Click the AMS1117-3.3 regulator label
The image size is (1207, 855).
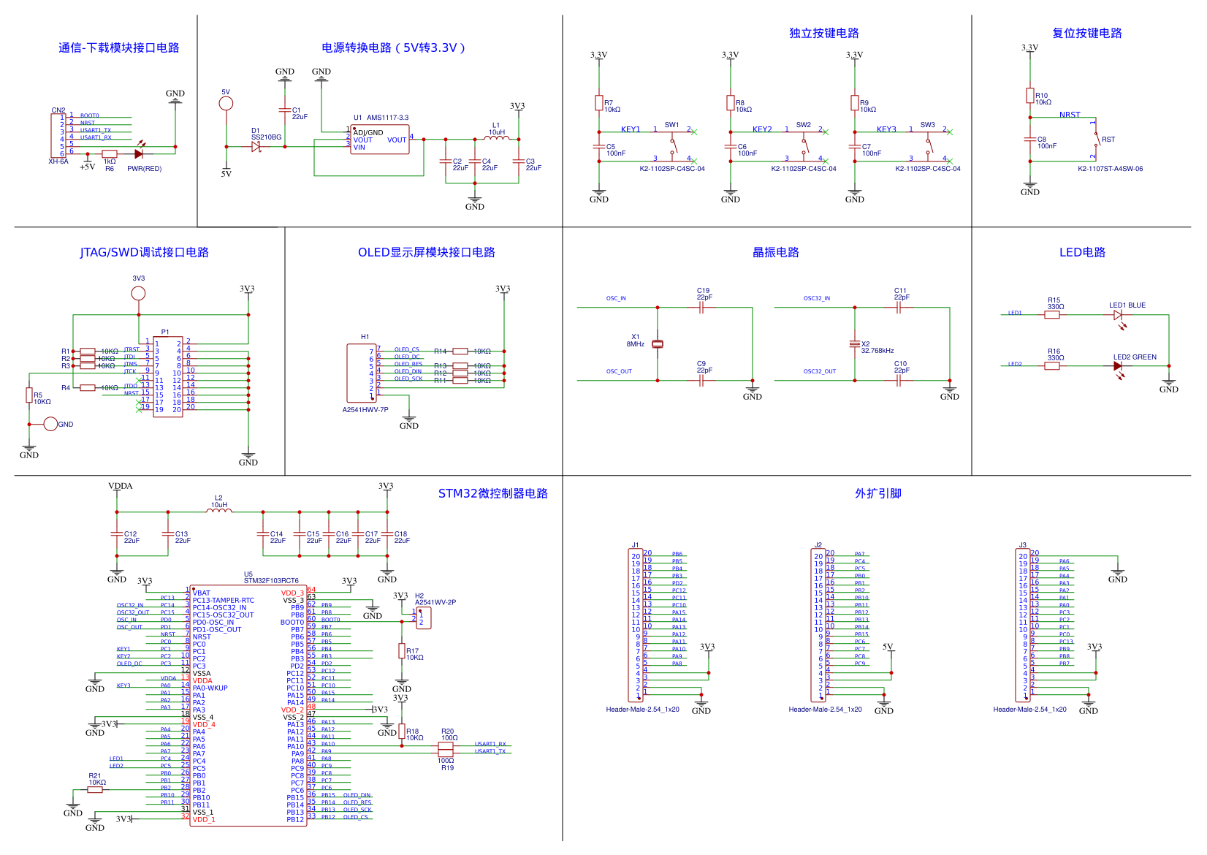(x=387, y=118)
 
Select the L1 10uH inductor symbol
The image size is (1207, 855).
(x=497, y=137)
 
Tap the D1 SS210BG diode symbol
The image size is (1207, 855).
(x=256, y=147)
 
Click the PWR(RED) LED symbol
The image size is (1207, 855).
(x=138, y=154)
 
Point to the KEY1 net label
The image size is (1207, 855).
(x=631, y=129)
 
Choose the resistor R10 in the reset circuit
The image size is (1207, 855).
(x=1030, y=96)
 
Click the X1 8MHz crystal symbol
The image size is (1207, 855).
(x=658, y=344)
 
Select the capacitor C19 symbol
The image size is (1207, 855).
(x=701, y=308)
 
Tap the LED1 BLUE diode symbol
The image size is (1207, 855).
(x=1118, y=315)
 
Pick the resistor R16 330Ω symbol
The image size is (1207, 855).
(x=1052, y=366)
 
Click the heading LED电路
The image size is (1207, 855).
(x=1082, y=252)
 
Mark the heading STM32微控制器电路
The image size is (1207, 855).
(x=492, y=493)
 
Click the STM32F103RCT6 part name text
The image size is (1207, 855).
(x=271, y=581)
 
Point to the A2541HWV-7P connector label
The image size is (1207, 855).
(x=365, y=410)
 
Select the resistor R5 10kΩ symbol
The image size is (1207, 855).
(x=29, y=395)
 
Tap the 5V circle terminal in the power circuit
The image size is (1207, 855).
(x=226, y=103)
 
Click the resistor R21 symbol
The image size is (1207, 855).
(x=95, y=790)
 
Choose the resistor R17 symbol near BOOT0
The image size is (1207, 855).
(x=402, y=650)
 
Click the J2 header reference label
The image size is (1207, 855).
(x=818, y=545)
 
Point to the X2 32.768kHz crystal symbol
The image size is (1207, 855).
(x=855, y=344)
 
